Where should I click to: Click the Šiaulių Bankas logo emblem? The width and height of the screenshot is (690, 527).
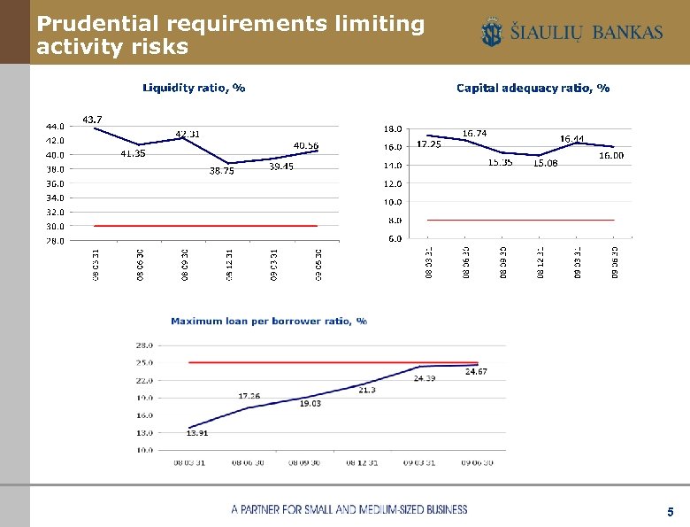492,34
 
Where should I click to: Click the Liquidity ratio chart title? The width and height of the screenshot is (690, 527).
194,88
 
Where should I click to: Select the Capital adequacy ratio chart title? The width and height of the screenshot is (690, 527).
533,88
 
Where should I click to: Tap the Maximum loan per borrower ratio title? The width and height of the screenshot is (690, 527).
269,321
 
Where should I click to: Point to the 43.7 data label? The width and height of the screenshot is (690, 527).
92,119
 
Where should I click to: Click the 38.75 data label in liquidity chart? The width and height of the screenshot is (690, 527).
221,172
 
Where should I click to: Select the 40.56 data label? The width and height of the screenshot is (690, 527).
306,145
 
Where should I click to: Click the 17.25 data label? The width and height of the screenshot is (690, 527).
429,144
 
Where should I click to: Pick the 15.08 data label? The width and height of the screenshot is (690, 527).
545,163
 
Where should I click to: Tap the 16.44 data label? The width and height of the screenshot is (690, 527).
571,139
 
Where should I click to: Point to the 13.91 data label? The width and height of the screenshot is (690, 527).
197,433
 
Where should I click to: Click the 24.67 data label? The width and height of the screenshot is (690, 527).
476,372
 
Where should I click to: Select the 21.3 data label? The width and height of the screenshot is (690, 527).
367,390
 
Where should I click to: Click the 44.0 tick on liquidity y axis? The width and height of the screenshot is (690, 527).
55,127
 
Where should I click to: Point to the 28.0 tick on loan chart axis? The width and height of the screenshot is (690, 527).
144,345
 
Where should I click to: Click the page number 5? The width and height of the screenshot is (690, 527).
671,512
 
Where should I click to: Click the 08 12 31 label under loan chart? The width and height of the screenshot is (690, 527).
363,462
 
